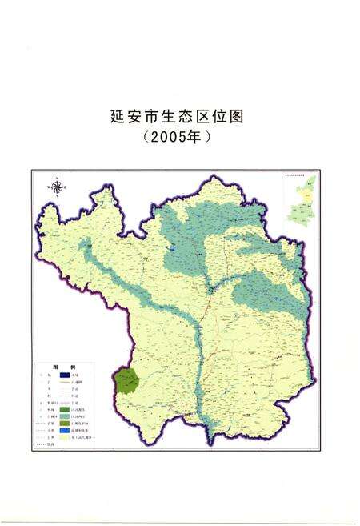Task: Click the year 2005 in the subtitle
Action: [172, 137]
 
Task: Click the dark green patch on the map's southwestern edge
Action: [126, 380]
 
